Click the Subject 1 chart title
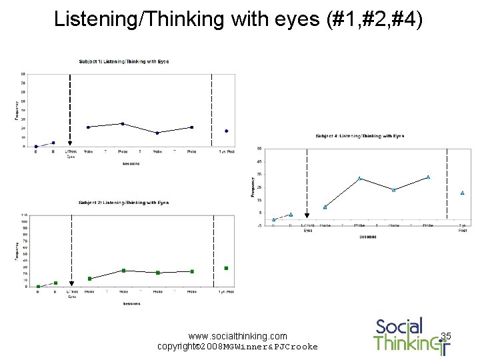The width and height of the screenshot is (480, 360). coord(124,61)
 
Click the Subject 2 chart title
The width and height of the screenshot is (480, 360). coord(124,202)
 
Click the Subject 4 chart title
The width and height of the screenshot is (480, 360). coord(359,136)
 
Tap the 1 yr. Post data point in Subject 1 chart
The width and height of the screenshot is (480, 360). coord(227,131)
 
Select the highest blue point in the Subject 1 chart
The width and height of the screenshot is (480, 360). coord(123,123)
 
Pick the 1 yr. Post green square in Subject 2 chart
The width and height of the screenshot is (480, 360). coord(227,268)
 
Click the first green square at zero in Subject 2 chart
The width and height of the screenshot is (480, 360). coord(39,286)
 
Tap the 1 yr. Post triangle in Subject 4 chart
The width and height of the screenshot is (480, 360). coord(462,193)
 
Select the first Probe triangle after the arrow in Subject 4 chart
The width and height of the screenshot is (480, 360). coord(325,207)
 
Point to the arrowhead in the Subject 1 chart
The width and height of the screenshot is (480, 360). coord(70,143)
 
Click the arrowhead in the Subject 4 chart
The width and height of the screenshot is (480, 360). coord(307,215)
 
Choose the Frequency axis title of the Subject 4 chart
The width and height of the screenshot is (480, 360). coord(252,186)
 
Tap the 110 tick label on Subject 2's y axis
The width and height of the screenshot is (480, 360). coord(24,215)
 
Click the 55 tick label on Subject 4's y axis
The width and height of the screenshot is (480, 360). coord(259,149)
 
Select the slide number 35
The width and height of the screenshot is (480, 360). coord(446,336)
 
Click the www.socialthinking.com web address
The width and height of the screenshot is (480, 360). coord(238,336)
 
